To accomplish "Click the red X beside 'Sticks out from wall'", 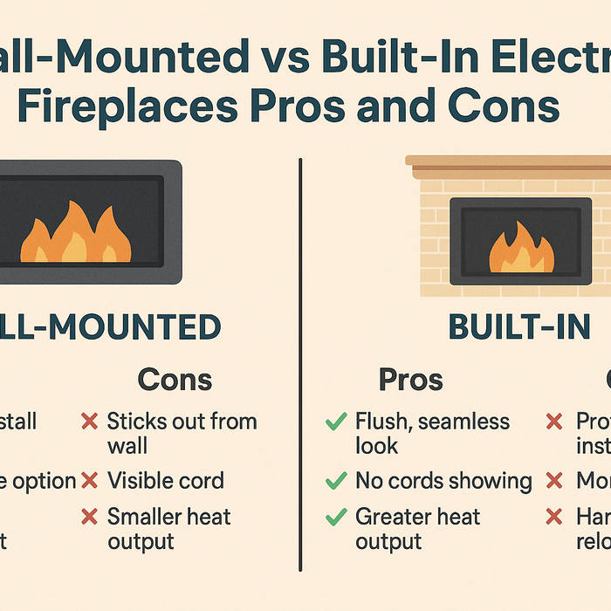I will pyautogui.click(x=89, y=422).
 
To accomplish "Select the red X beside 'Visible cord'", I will pyautogui.click(x=89, y=481).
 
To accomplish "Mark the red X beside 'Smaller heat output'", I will pyautogui.click(x=89, y=517).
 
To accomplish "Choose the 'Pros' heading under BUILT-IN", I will pyautogui.click(x=410, y=380).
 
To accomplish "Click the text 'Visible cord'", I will pyautogui.click(x=166, y=481).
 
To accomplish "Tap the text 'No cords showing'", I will pyautogui.click(x=443, y=481).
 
